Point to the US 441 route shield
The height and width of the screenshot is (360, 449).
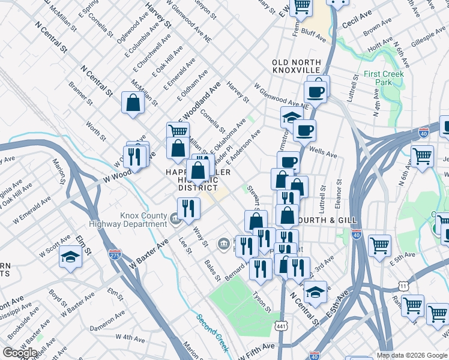(x=281, y=326)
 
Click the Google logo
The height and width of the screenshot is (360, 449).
(x=20, y=353)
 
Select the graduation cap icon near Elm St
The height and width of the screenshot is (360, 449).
(x=70, y=260)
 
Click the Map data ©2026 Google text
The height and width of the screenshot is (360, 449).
(x=412, y=355)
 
